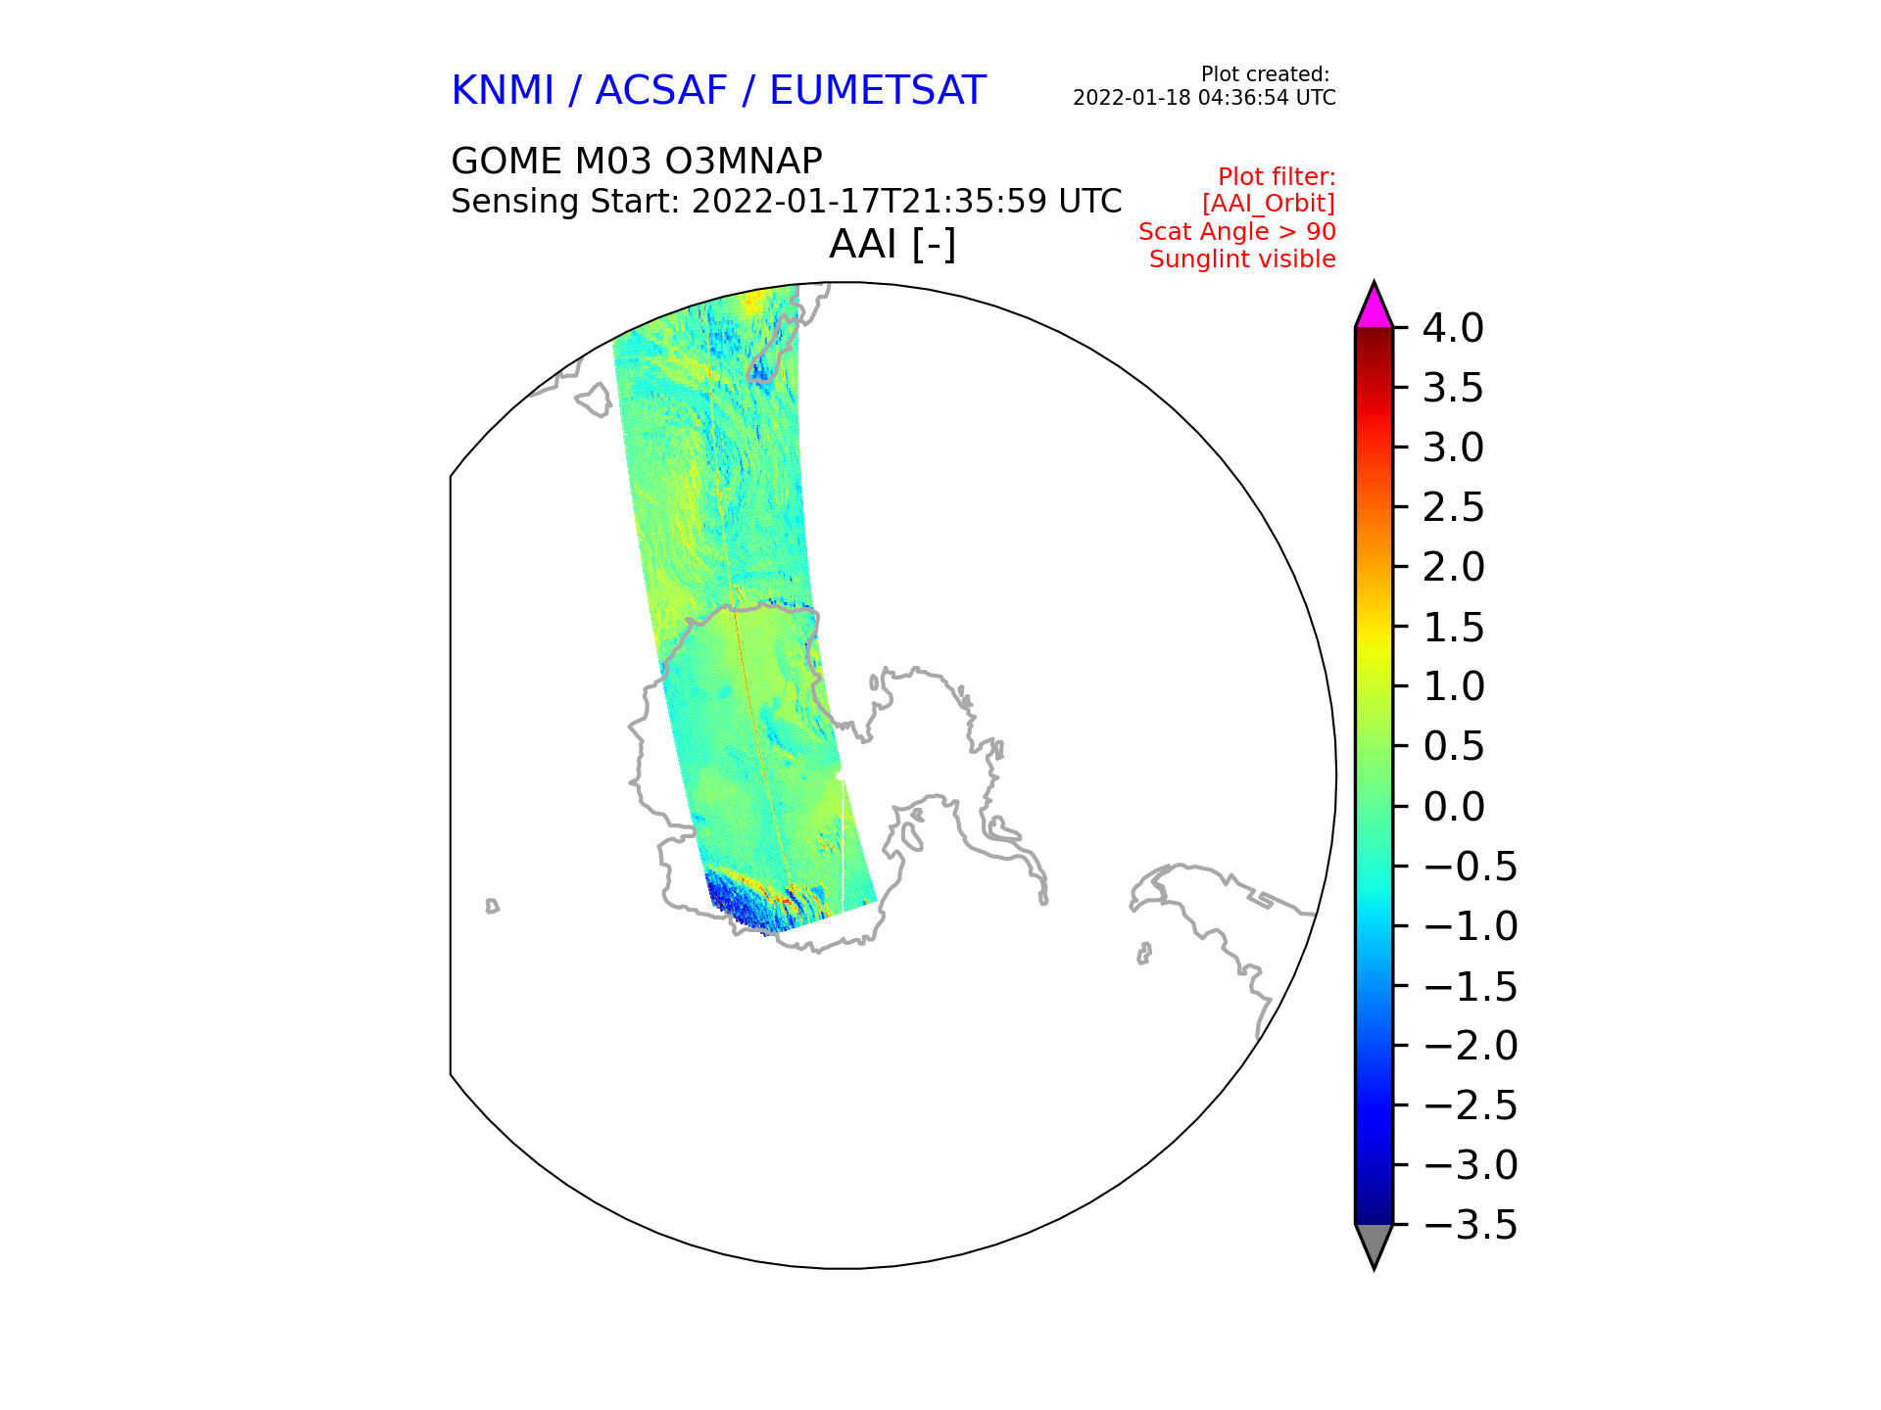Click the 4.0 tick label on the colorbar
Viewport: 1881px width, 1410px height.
click(1453, 329)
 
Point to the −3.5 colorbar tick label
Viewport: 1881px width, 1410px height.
click(1470, 1226)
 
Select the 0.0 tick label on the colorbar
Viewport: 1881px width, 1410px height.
click(1453, 808)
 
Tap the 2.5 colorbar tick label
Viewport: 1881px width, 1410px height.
click(1453, 508)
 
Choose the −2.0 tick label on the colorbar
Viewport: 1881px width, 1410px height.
click(1470, 1047)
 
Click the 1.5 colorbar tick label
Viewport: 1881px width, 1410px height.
click(1453, 628)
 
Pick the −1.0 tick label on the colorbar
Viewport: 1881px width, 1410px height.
click(1470, 927)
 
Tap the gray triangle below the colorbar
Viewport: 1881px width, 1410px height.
click(1374, 1244)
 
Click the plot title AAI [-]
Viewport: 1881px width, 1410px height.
click(892, 244)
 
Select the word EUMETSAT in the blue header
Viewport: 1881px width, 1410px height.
click(877, 91)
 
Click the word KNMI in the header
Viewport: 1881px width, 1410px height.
click(503, 91)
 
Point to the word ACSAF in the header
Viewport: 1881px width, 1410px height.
click(661, 91)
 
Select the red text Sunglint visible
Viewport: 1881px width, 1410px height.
click(1242, 259)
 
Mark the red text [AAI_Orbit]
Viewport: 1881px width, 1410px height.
click(1268, 204)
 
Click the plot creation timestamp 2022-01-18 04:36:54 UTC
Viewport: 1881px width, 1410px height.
click(1204, 98)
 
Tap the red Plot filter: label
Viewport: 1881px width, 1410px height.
click(1276, 177)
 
